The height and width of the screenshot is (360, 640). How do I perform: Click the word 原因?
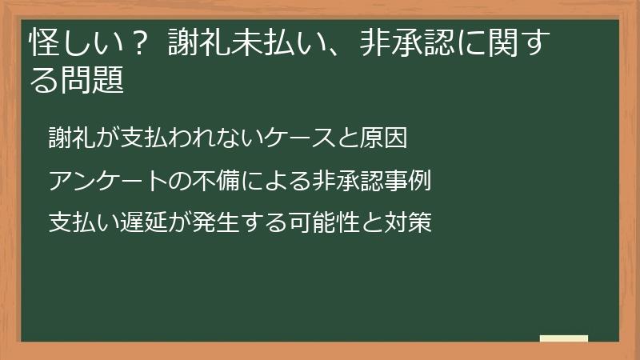pyautogui.click(x=387, y=138)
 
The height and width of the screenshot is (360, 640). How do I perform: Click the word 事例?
pyautogui.click(x=409, y=180)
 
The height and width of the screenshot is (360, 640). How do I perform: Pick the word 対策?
pyautogui.click(x=409, y=222)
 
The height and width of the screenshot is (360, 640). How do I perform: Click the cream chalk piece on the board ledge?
pyautogui.click(x=564, y=338)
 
